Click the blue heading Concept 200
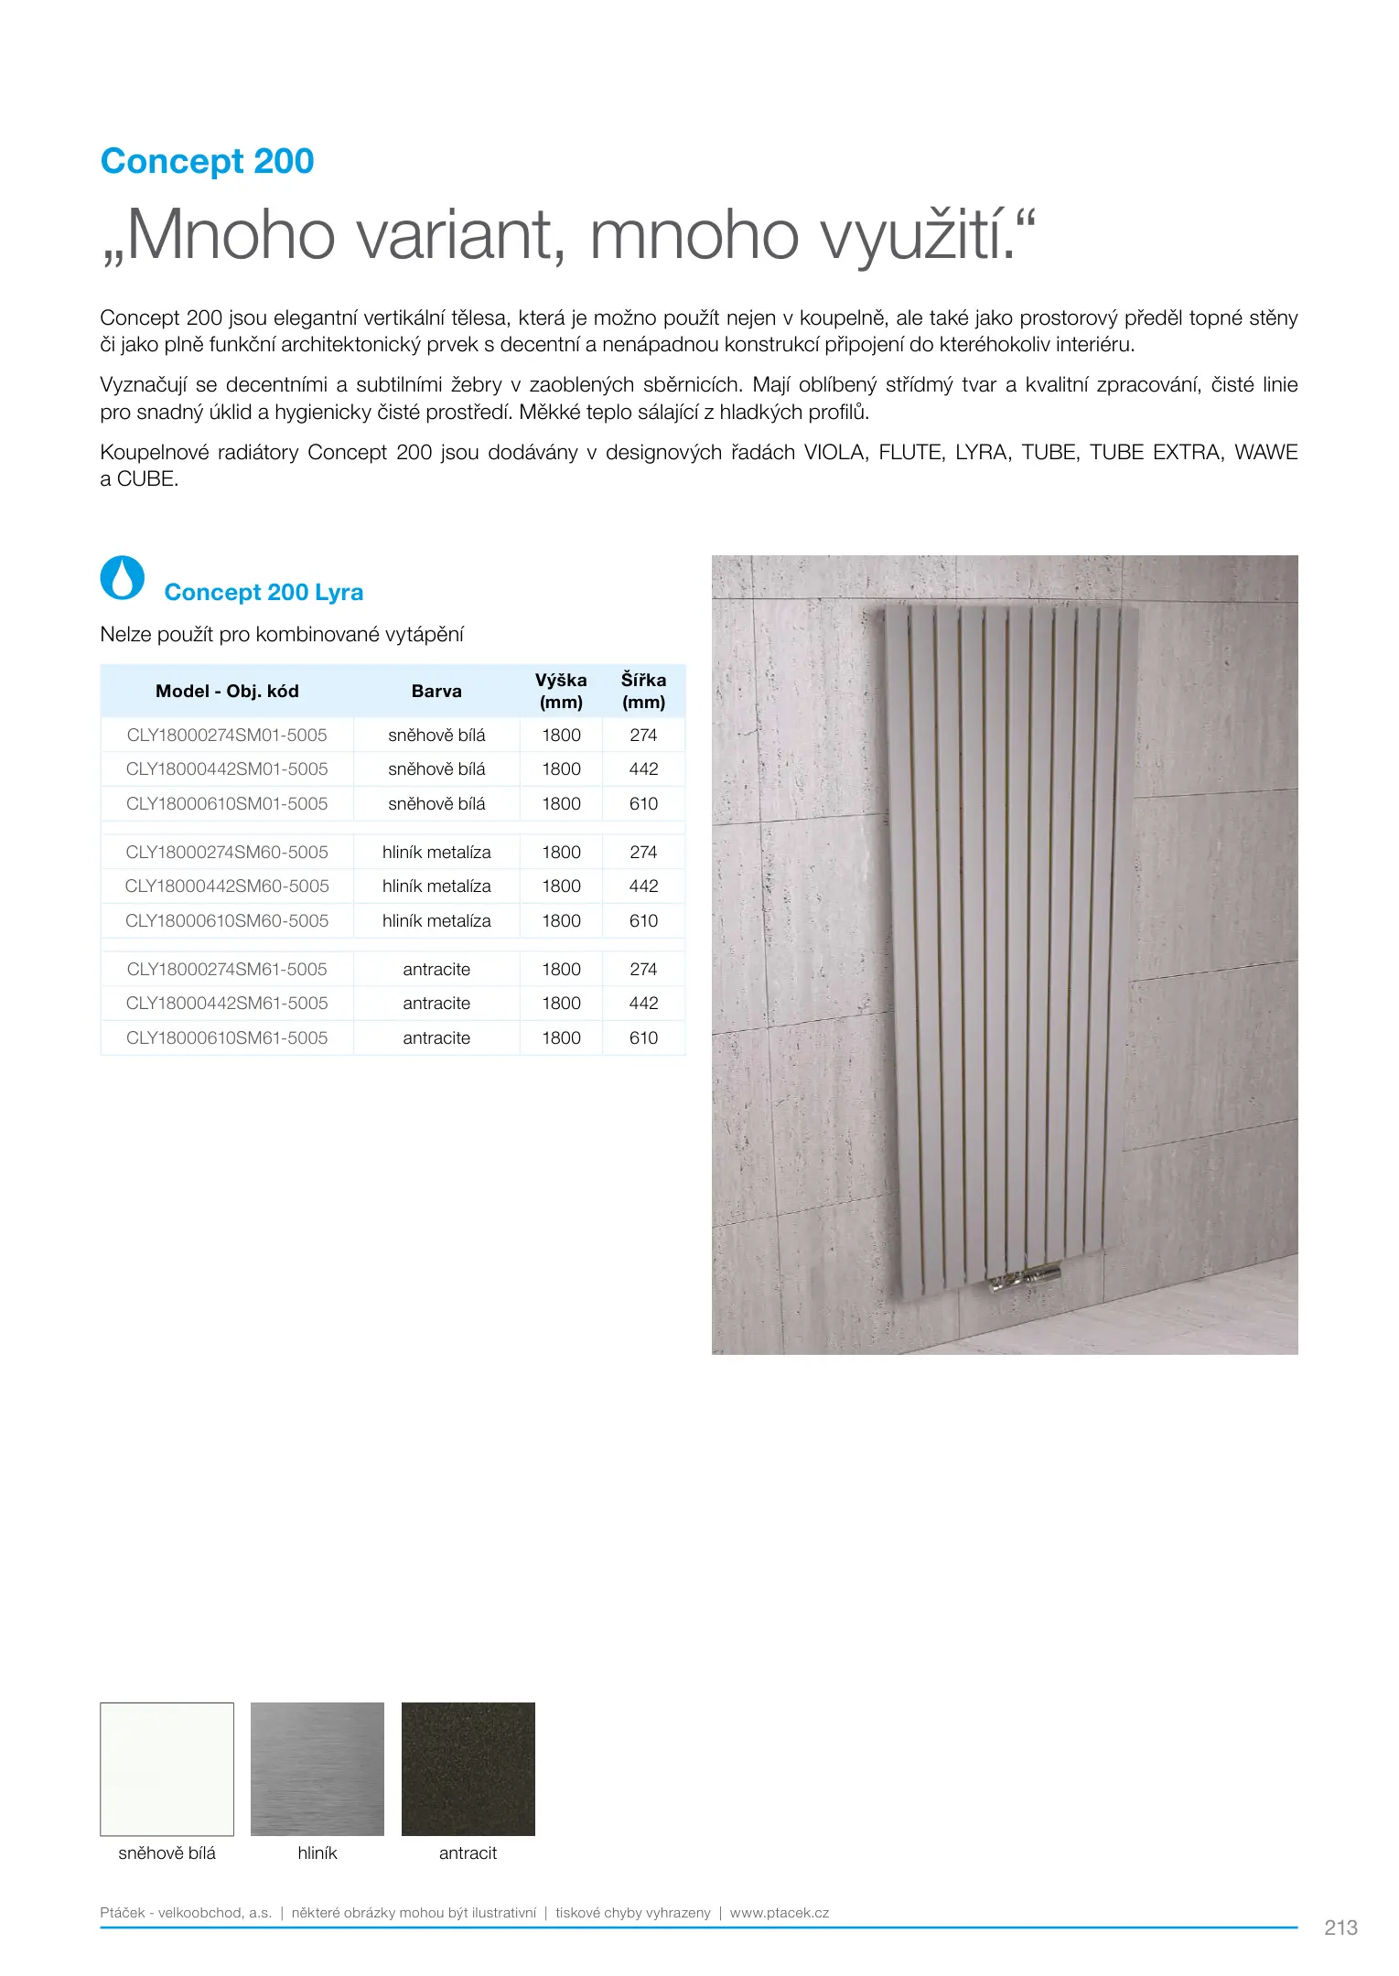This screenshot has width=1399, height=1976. pos(207,161)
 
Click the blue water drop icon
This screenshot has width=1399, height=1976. pos(123,578)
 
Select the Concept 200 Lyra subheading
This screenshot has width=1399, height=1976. pos(264,593)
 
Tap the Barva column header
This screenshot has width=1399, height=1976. pos(436,692)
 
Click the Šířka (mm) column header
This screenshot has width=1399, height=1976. pos(643,692)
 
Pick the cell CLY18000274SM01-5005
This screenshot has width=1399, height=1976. pos(227,736)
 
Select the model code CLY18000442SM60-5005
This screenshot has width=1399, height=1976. pos(227,886)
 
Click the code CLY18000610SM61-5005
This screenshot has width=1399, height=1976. pos(227,1038)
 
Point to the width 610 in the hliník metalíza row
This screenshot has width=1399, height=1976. pos(643,921)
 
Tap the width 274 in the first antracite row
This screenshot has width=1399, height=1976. pos(643,970)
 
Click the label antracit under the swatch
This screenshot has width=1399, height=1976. pos(468,1853)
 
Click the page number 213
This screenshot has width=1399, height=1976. pos(1340,1928)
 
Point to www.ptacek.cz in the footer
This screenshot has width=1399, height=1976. pos(780,1913)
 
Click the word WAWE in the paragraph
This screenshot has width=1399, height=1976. pos(1265,453)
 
